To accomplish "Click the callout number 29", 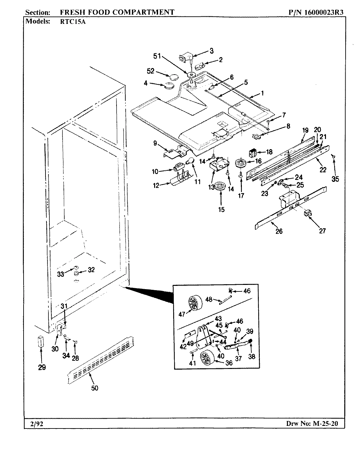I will (42, 367).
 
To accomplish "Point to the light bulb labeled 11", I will (192, 160).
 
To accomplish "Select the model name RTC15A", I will (71, 22).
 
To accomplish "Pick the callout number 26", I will (279, 231).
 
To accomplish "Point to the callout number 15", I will (221, 210).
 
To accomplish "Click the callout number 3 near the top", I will (211, 51).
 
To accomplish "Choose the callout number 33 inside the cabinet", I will (61, 274).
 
